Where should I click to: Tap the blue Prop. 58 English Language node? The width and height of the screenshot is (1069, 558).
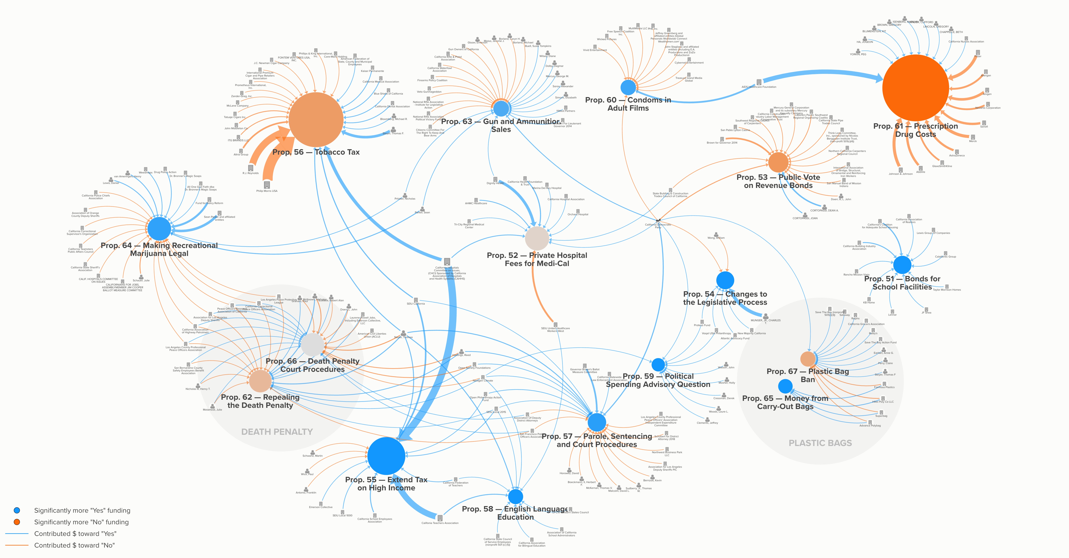(515, 496)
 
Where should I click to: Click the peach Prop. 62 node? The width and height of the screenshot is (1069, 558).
(260, 381)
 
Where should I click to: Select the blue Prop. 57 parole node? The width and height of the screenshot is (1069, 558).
(597, 422)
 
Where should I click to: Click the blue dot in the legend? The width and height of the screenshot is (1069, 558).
(17, 510)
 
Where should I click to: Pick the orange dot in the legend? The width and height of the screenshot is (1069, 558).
(17, 522)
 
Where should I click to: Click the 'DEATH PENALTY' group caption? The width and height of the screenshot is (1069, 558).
(277, 432)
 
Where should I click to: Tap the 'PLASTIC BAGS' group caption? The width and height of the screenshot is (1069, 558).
(820, 443)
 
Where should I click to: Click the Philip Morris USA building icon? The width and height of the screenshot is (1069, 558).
(267, 185)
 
